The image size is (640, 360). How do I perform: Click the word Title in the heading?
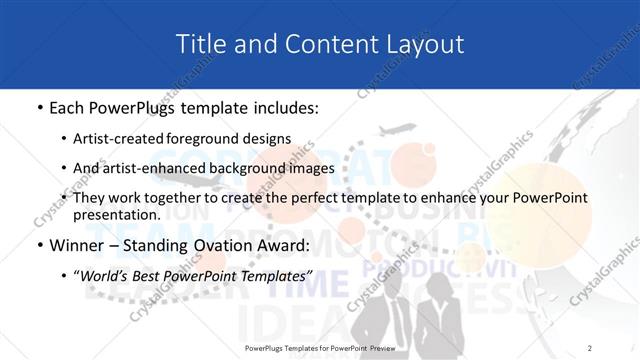(x=198, y=43)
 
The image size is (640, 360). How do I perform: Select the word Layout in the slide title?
(x=427, y=43)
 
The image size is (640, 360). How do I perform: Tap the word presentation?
(x=117, y=215)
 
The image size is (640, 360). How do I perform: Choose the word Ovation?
(x=217, y=244)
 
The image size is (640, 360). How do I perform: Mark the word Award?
(x=282, y=244)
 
